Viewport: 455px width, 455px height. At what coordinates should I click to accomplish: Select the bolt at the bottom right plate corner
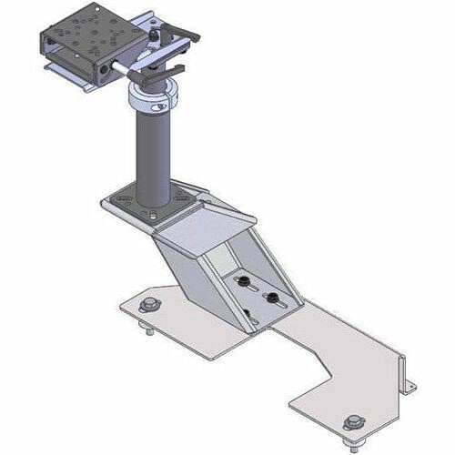(351, 422)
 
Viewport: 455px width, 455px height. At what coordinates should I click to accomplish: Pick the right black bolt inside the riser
(269, 298)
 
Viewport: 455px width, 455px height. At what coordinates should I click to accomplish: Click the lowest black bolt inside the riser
(246, 314)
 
